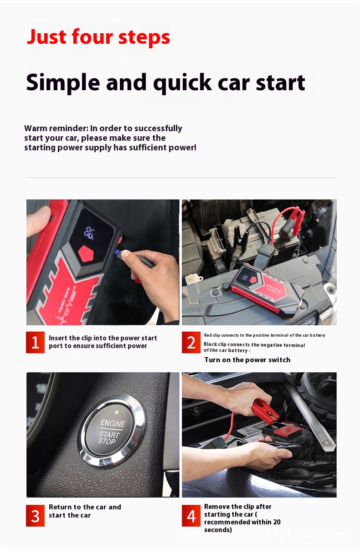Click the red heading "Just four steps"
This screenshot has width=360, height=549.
(98, 37)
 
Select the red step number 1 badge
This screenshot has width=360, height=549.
(35, 343)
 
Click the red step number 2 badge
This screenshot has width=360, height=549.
(191, 343)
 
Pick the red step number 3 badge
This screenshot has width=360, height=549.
(35, 516)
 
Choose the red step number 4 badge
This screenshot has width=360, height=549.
(191, 516)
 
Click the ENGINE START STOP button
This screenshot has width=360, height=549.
(113, 431)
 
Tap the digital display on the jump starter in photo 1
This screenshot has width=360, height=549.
(89, 234)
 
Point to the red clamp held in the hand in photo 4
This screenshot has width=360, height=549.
(264, 409)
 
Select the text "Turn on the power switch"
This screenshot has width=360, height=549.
(247, 360)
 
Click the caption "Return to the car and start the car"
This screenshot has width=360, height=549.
(85, 511)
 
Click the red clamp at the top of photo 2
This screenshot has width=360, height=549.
(291, 219)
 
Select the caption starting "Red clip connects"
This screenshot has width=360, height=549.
(264, 335)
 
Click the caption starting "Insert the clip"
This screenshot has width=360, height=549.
(103, 342)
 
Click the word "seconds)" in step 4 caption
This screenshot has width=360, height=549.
(218, 530)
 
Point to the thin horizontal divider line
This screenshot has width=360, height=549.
(181, 177)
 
